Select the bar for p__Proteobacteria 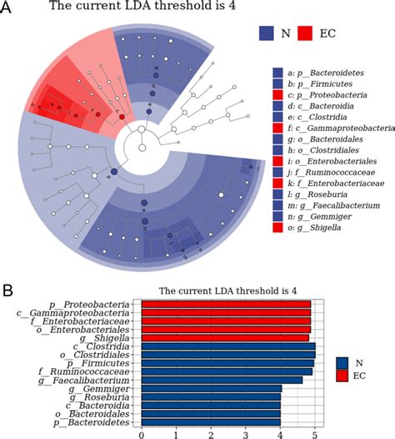(225, 305)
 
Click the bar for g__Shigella (224, 337)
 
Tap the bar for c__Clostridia (227, 347)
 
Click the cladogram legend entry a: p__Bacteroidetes (333, 74)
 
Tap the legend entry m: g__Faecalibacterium (337, 207)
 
